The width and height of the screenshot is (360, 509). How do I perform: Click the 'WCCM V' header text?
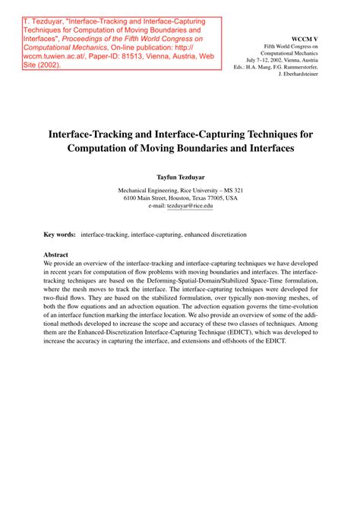tap(307, 37)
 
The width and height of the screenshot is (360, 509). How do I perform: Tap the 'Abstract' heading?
tap(56, 254)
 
